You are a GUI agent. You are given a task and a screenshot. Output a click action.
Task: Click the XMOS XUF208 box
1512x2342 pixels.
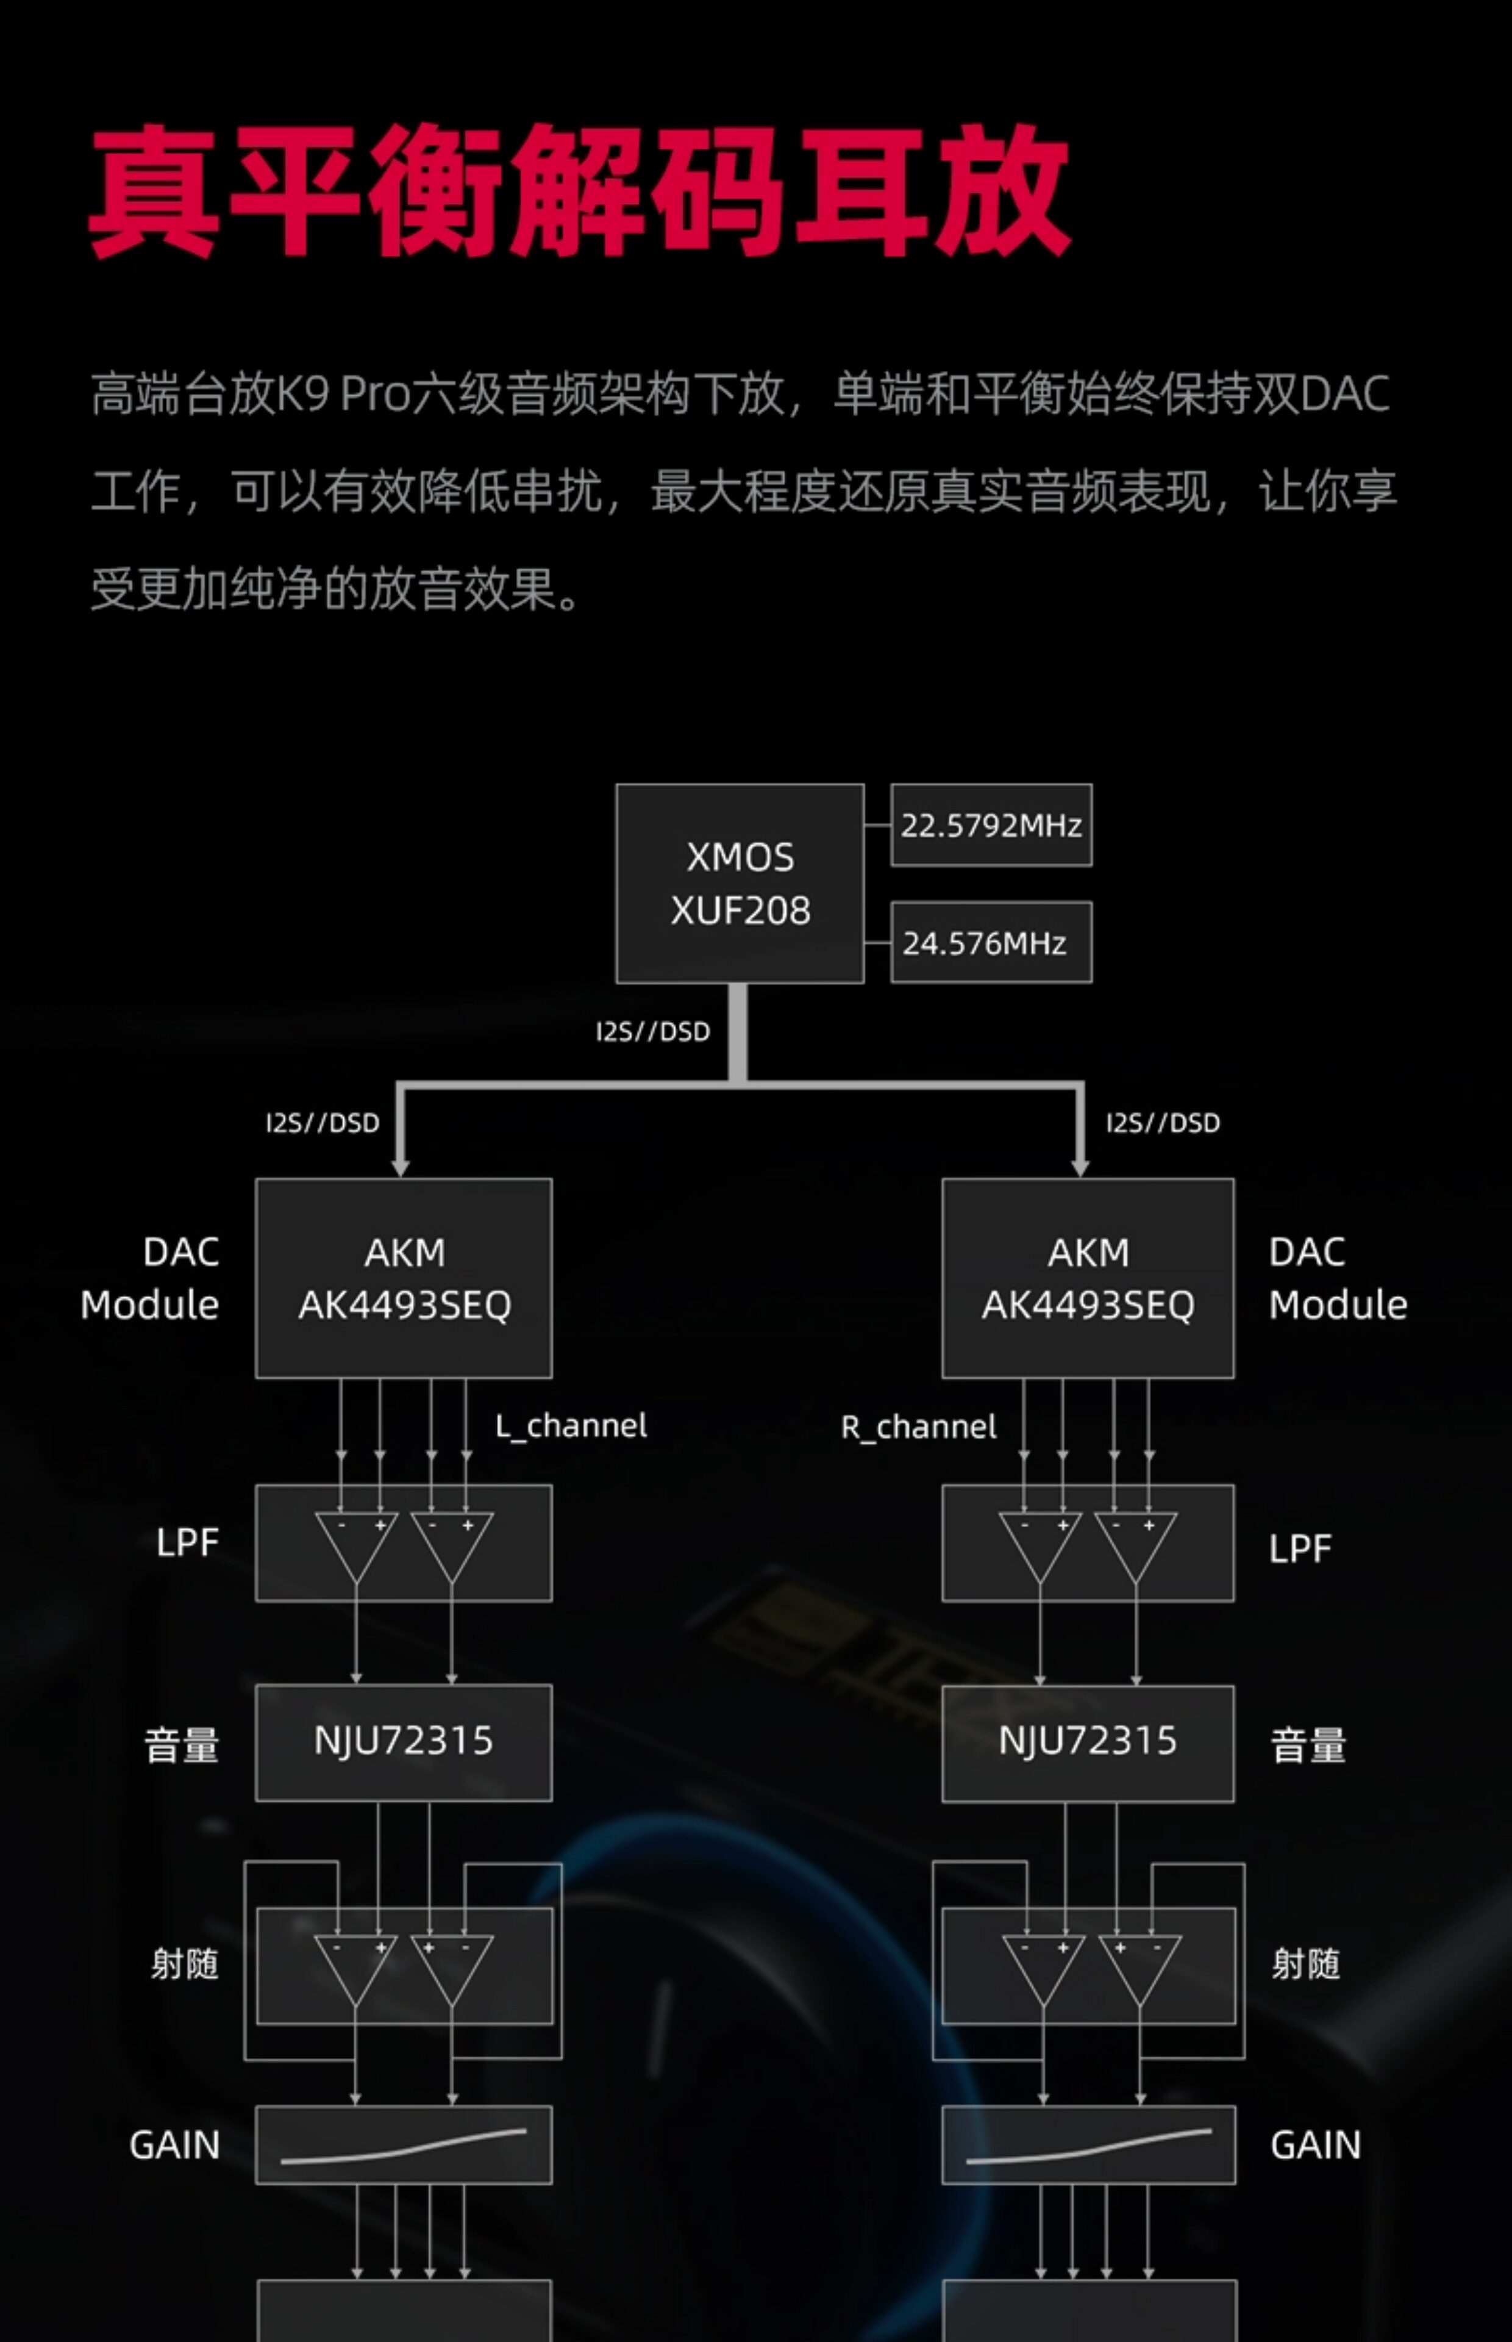pyautogui.click(x=740, y=883)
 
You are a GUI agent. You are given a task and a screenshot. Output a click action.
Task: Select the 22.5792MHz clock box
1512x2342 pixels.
pyautogui.click(x=991, y=825)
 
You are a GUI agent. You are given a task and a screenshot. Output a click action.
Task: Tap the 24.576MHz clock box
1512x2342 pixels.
pyautogui.click(x=991, y=942)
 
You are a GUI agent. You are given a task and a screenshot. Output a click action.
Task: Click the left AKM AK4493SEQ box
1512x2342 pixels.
pyautogui.click(x=404, y=1278)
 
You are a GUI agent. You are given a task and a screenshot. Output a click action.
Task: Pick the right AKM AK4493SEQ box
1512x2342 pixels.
pyautogui.click(x=1088, y=1278)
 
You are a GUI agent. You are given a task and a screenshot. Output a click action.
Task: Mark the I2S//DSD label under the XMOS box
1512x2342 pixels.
pyautogui.click(x=653, y=1031)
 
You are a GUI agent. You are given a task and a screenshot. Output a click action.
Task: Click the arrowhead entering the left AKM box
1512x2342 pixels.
pyautogui.click(x=399, y=1167)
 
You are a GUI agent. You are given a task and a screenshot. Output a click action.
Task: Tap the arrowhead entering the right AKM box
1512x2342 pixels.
pyautogui.click(x=1080, y=1167)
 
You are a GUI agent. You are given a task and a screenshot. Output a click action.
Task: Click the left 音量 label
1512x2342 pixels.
pyautogui.click(x=182, y=1745)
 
